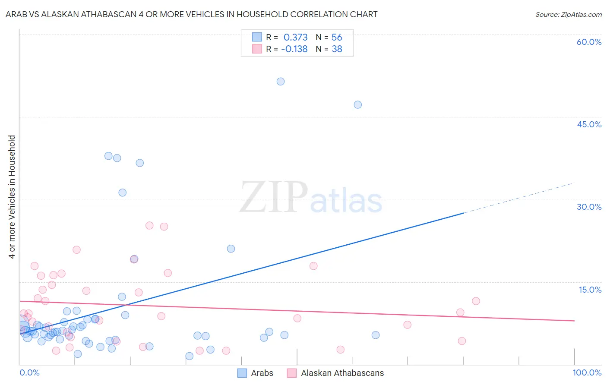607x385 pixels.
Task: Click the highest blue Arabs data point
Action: (x=281, y=82)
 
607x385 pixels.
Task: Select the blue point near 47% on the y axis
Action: (x=357, y=104)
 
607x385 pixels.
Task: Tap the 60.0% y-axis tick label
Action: (x=589, y=42)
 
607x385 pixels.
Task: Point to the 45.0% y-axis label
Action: (x=589, y=124)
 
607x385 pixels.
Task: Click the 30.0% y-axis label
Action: (x=589, y=207)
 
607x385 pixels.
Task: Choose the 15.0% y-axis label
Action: (x=590, y=290)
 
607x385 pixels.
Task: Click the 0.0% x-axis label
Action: (x=29, y=372)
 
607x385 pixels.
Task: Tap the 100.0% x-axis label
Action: (x=587, y=372)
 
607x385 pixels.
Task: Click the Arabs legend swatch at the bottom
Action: (x=242, y=373)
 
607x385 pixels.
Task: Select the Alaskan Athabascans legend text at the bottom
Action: (x=342, y=373)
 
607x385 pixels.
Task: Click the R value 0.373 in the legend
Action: (x=295, y=38)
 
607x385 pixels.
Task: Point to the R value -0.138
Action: (x=294, y=49)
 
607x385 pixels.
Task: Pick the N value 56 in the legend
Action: (x=337, y=38)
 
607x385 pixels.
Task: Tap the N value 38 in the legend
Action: (x=337, y=49)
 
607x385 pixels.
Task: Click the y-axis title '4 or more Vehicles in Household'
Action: (x=12, y=197)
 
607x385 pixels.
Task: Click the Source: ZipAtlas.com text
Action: (x=568, y=15)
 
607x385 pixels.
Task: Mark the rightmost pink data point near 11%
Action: (x=476, y=301)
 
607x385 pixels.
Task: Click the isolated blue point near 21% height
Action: (x=231, y=249)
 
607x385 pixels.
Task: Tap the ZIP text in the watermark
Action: (x=274, y=197)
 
